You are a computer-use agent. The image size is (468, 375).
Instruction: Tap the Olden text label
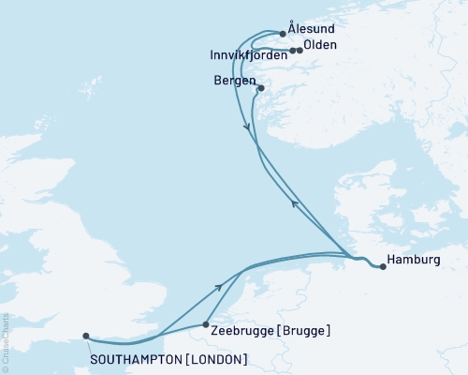click(321, 44)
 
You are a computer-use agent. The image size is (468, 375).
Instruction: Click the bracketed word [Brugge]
click(307, 330)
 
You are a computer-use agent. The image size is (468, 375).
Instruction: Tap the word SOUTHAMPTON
click(137, 359)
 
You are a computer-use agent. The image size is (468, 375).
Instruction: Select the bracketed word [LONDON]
click(216, 359)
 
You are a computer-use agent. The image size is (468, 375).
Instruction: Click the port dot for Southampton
click(85, 336)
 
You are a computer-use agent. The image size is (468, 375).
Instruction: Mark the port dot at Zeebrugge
click(205, 325)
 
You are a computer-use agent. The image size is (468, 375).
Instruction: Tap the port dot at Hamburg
click(383, 267)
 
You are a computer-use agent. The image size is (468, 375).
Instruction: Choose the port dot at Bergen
click(261, 88)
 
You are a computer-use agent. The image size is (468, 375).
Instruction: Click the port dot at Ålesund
click(283, 33)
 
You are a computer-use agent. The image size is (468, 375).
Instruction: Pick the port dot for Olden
click(300, 51)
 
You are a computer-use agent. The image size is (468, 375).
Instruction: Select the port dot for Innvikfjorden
click(292, 51)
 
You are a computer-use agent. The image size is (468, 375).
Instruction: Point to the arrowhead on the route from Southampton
click(219, 288)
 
